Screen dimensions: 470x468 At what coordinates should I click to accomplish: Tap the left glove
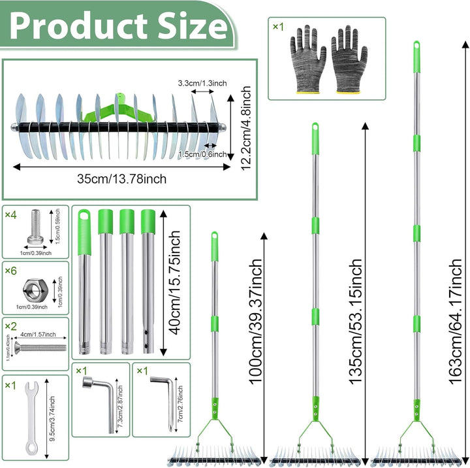pos(307,59)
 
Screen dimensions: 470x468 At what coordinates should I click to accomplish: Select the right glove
pos(349,59)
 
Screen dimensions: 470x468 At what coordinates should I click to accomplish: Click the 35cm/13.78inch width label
pos(121,179)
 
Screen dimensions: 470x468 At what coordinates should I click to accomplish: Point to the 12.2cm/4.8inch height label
pos(246,128)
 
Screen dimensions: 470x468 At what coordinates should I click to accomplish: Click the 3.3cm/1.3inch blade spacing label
pos(202,83)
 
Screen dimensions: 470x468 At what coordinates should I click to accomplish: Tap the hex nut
pos(35,290)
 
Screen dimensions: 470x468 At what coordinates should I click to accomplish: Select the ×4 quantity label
pos(11,215)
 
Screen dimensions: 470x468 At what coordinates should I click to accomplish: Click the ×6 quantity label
pos(11,271)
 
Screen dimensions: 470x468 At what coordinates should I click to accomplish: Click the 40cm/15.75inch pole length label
pos(175,282)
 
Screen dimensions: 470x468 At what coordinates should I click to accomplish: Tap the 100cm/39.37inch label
pos(256,321)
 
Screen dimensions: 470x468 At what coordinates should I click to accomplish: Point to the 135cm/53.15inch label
pos(356,321)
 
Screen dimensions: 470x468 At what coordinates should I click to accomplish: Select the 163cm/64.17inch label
pos(456,321)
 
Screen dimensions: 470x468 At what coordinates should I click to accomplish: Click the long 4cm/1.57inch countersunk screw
pos(40,348)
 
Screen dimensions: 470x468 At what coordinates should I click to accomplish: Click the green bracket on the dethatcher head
pos(119,109)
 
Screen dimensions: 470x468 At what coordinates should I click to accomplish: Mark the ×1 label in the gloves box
pos(278,27)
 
